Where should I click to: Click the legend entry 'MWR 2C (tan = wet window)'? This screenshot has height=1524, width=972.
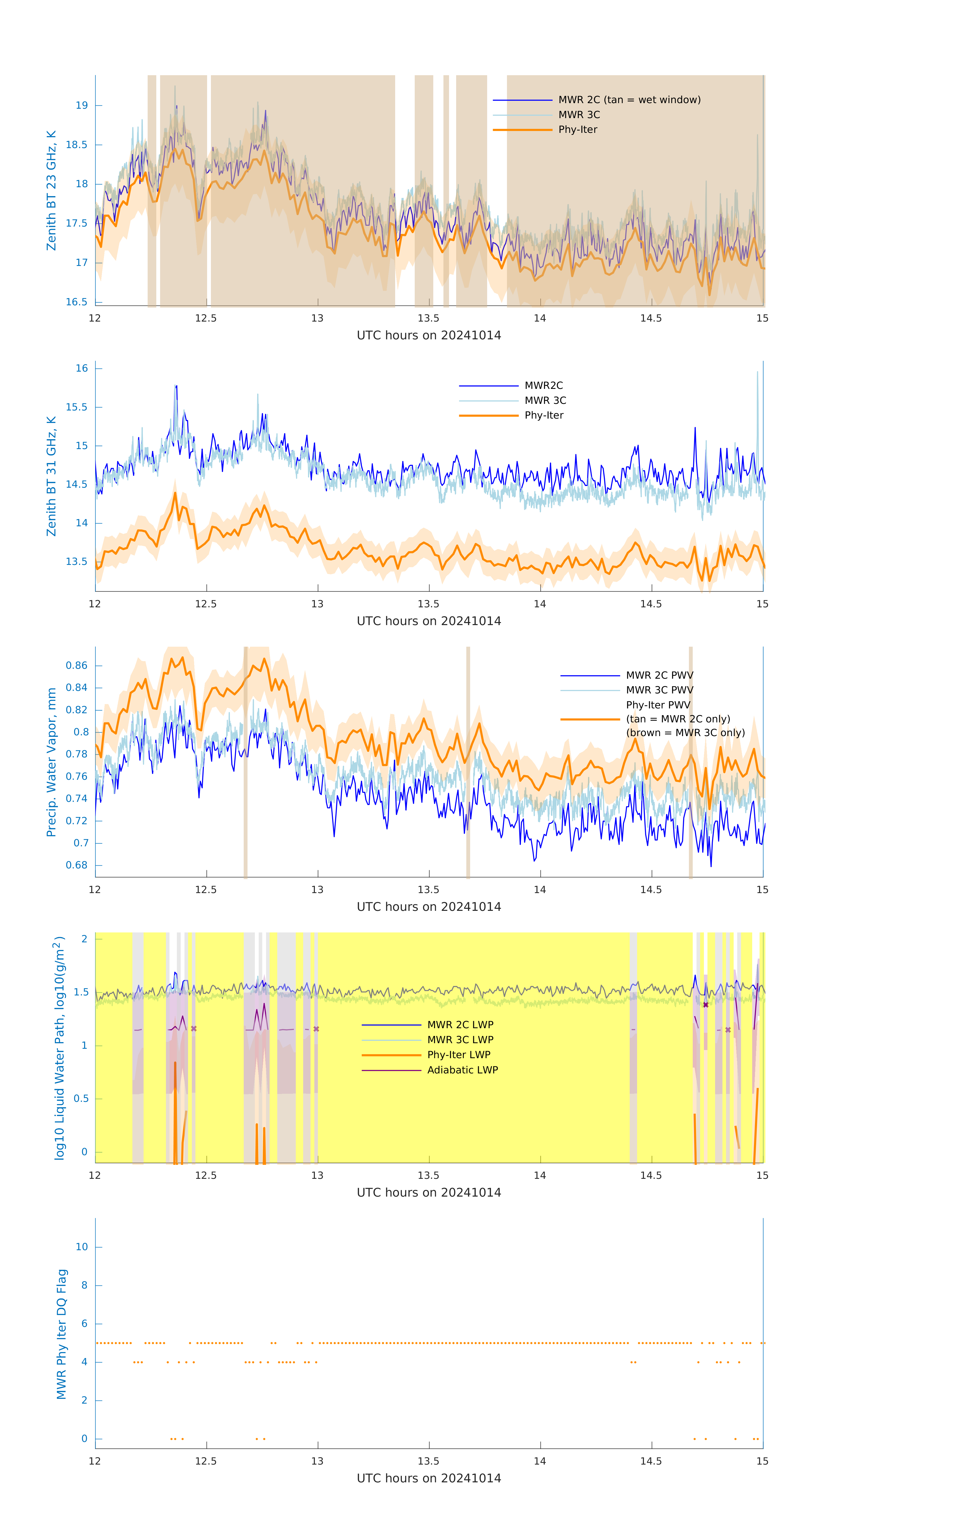point(629,100)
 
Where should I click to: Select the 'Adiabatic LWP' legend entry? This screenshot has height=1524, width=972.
point(462,1070)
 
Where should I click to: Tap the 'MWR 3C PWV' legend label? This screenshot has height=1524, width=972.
point(659,690)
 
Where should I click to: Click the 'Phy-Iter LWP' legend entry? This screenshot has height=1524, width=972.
point(458,1054)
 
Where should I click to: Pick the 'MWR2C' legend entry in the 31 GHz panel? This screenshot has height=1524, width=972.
point(543,385)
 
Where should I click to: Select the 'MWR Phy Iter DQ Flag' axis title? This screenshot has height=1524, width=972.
point(61,1333)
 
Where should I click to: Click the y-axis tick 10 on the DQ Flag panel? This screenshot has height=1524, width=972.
point(82,1247)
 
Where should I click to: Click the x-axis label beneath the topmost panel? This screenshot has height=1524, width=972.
point(429,336)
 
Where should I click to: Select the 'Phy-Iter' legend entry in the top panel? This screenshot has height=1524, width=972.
point(578,130)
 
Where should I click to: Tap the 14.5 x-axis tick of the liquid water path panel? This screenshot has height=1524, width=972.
point(651,1175)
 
